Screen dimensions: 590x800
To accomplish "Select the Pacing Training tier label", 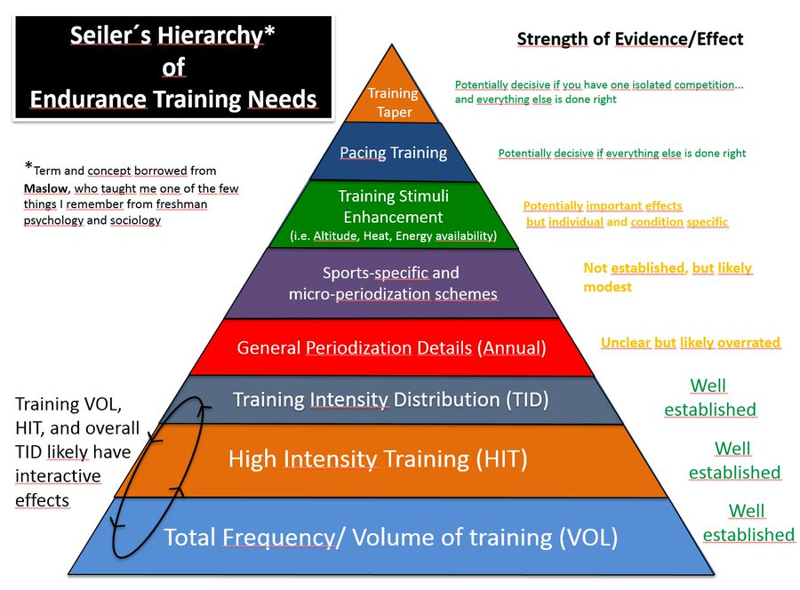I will click(x=393, y=153).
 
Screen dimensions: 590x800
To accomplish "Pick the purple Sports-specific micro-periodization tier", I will click(x=392, y=283).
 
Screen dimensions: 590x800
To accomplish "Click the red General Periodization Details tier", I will click(x=392, y=347).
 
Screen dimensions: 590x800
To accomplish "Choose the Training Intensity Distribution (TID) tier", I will click(x=390, y=400).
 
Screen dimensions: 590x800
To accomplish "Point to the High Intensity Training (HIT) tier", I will click(x=378, y=459).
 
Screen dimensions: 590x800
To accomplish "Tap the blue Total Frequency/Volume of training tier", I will click(x=390, y=537).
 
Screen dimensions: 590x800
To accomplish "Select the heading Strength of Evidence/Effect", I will click(x=630, y=39).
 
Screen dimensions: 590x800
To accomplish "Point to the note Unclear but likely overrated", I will click(x=691, y=342).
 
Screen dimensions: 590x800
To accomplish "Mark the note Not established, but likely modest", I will click(x=667, y=277).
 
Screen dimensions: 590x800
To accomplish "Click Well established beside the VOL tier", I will click(x=747, y=523).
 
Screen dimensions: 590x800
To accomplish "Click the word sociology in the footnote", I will click(x=135, y=219).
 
